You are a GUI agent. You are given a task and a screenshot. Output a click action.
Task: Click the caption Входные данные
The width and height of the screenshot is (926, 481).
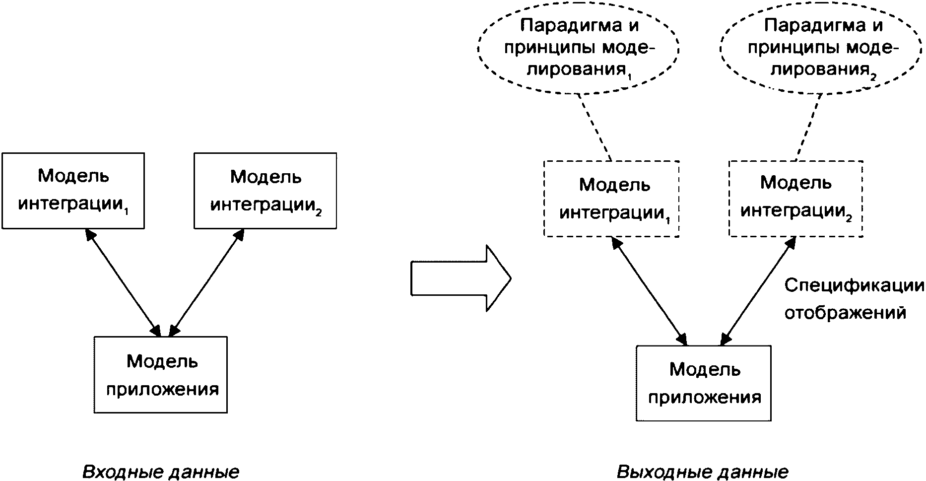coord(161,471)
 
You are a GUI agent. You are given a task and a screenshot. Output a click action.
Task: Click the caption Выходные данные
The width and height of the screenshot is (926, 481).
coord(703,471)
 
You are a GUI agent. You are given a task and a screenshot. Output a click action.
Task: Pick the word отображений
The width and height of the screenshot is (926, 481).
coord(845,313)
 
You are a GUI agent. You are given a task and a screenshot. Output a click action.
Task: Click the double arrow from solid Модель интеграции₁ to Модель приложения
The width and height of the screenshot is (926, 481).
coord(123,283)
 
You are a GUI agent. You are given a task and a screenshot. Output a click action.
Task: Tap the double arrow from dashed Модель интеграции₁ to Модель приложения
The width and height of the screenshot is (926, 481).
coord(650,291)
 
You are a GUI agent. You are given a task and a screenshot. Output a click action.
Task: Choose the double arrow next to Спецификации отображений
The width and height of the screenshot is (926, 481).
coord(758,291)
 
